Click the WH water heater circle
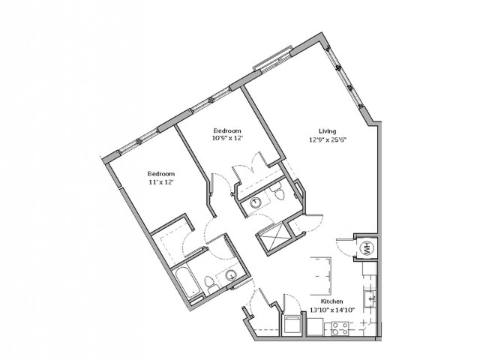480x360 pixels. [366, 247]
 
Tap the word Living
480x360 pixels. [327, 131]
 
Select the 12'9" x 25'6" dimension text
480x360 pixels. [328, 140]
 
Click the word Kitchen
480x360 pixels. [331, 301]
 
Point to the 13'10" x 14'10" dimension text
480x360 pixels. [332, 310]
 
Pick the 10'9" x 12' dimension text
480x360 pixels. [227, 138]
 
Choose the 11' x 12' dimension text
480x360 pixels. [161, 181]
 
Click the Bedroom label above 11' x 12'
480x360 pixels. [161, 173]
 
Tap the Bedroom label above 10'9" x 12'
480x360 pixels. [227, 130]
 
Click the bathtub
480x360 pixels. [188, 283]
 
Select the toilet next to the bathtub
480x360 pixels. [210, 283]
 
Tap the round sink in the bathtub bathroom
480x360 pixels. [231, 276]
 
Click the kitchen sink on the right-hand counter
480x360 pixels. [370, 298]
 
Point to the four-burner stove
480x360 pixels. [340, 328]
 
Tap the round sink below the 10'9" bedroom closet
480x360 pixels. [255, 202]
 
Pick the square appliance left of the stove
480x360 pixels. [315, 327]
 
